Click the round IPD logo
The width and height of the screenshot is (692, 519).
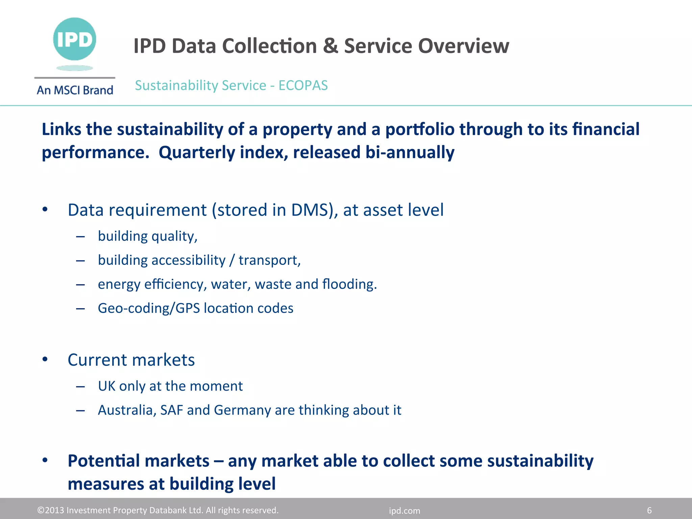(75, 39)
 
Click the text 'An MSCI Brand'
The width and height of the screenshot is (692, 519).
(75, 90)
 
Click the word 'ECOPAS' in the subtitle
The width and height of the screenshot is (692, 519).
(303, 85)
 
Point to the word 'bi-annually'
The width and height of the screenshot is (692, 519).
(410, 152)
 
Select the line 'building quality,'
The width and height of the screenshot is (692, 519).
(148, 236)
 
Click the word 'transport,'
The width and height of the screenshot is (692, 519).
(270, 260)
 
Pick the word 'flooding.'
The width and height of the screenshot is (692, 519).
(349, 284)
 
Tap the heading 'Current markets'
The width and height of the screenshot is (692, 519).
(131, 360)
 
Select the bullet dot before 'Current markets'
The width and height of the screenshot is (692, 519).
(45, 360)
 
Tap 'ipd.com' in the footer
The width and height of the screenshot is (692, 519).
(404, 511)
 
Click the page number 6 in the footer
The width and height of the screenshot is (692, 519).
(649, 510)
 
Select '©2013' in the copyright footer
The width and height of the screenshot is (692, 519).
(50, 510)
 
